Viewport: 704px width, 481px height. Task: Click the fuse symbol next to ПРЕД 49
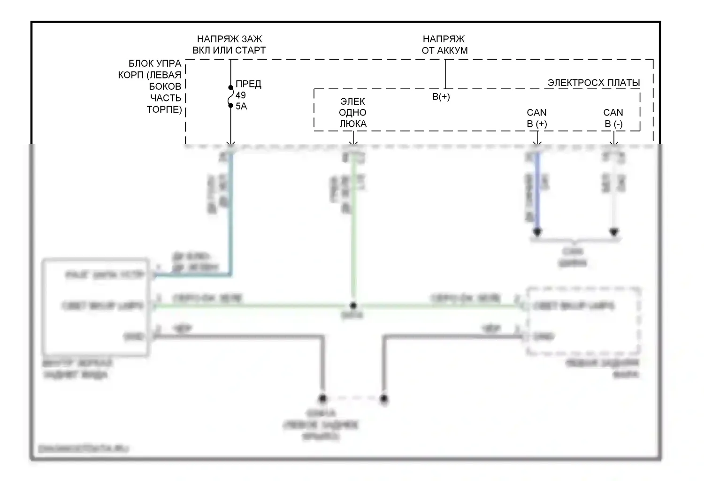(x=230, y=96)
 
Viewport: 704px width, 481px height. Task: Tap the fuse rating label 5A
(x=241, y=107)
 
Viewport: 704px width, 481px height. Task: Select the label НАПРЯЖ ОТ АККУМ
(x=444, y=45)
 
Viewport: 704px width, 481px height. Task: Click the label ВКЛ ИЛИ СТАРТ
(x=229, y=50)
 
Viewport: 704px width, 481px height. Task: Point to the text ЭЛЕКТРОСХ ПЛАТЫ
(x=594, y=83)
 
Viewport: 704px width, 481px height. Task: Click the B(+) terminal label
(x=441, y=97)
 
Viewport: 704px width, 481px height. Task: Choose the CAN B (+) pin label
(x=537, y=118)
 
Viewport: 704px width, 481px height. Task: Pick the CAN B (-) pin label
(x=613, y=118)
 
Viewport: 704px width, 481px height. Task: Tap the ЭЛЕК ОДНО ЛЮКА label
(x=353, y=113)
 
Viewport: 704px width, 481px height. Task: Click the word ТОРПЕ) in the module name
(x=164, y=109)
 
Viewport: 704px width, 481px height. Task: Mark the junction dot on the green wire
(x=353, y=306)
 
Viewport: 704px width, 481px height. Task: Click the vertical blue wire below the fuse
(x=230, y=211)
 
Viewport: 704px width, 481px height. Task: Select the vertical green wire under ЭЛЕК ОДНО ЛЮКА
(x=353, y=235)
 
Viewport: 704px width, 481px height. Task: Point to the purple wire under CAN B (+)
(x=537, y=193)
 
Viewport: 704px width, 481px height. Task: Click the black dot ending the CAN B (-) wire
(x=614, y=232)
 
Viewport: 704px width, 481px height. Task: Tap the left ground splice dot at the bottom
(x=322, y=399)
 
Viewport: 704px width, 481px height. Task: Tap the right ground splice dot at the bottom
(x=384, y=399)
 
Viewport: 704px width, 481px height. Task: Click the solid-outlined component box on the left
(x=96, y=306)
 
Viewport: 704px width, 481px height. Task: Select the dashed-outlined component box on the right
(x=583, y=321)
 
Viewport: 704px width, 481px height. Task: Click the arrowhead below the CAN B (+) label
(x=537, y=142)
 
